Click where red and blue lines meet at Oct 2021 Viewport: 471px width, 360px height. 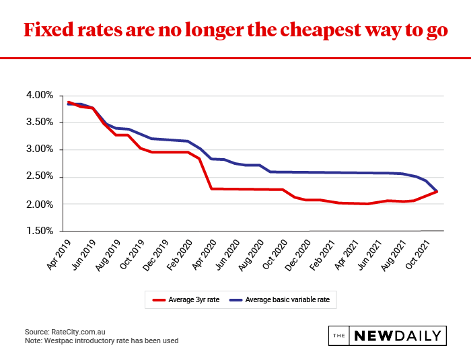[438, 191]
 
